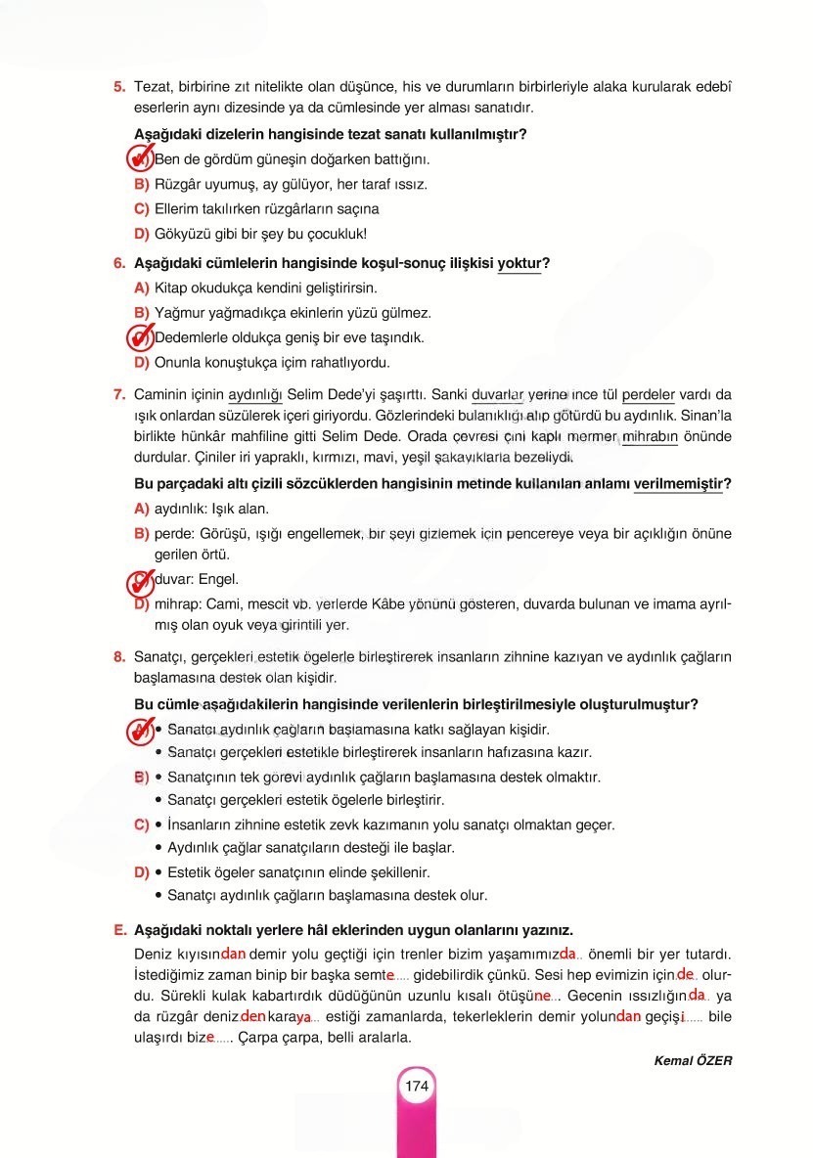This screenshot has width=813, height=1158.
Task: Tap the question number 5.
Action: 119,86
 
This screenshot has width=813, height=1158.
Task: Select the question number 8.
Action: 119,657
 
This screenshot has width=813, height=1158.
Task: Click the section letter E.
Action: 119,929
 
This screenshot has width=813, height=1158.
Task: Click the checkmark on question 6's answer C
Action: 141,337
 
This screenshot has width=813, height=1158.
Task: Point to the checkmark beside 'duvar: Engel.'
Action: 141,582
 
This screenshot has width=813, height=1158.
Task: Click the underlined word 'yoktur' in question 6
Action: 519,264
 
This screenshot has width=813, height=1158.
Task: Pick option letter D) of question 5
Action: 141,234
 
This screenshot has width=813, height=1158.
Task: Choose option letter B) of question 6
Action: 141,313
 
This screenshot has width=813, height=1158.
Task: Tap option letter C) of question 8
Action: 141,824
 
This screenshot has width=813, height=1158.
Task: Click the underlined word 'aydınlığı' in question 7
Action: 254,395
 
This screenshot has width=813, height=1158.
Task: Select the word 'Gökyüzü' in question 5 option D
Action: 181,234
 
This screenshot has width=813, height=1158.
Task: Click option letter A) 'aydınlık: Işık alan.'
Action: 141,509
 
